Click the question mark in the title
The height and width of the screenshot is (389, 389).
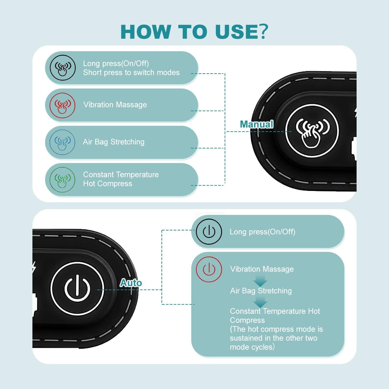pyautogui.click(x=263, y=31)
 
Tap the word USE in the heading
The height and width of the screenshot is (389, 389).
pyautogui.click(x=237, y=32)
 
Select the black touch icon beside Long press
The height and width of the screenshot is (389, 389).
pyautogui.click(x=63, y=68)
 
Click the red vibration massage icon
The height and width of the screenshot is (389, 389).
pyautogui.click(x=62, y=105)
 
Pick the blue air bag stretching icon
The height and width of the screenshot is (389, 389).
pyautogui.click(x=62, y=142)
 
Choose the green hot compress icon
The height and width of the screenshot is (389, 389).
pyautogui.click(x=62, y=180)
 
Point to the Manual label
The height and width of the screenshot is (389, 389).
pyautogui.click(x=256, y=124)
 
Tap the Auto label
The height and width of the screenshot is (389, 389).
pyautogui.click(x=131, y=283)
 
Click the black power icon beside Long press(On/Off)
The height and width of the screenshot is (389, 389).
pyautogui.click(x=209, y=231)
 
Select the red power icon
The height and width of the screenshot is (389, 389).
pyautogui.click(x=209, y=269)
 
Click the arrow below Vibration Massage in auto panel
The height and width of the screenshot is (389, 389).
pyautogui.click(x=260, y=281)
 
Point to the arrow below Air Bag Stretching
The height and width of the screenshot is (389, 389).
pyautogui.click(x=260, y=302)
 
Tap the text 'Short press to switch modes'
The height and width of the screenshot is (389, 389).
pyautogui.click(x=131, y=73)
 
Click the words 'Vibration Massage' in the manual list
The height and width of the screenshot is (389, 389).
pyautogui.click(x=115, y=105)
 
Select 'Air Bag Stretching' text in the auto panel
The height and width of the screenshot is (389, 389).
pyautogui.click(x=261, y=291)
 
